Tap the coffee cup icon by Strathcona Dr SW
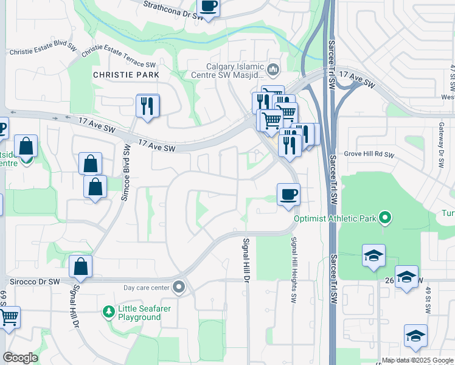click(209, 6)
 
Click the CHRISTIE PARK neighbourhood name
click(126, 75)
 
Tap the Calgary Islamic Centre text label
click(234, 71)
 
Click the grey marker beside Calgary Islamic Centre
click(273, 71)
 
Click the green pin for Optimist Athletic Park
click(384, 217)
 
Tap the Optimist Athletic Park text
click(334, 218)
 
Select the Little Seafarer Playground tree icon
click(108, 312)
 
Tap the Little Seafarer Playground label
click(139, 313)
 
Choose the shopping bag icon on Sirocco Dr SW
click(80, 267)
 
